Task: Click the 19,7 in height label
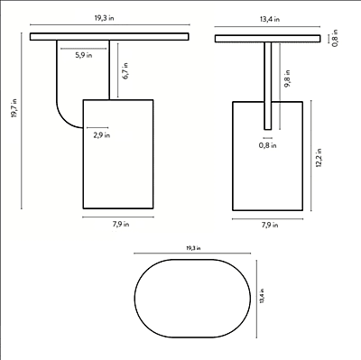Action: (14, 108)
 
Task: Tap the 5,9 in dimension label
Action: (84, 55)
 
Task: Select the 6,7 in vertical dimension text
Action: (125, 71)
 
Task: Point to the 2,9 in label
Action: (101, 135)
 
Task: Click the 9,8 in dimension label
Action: (288, 78)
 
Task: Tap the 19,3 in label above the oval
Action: (193, 248)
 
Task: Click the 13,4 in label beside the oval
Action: (262, 296)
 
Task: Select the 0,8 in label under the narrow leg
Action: (268, 145)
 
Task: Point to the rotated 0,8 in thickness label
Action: (335, 38)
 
